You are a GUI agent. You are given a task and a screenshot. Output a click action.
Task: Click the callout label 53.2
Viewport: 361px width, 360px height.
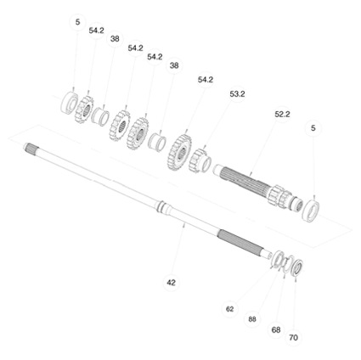(x=237, y=94)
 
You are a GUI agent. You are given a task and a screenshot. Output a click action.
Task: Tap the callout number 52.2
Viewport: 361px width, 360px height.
(x=282, y=115)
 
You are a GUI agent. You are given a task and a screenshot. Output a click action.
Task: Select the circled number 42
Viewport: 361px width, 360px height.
(x=172, y=283)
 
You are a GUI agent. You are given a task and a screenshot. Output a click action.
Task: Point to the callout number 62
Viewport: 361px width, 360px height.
(x=230, y=309)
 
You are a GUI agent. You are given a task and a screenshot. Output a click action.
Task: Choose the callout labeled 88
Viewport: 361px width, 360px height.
(x=252, y=319)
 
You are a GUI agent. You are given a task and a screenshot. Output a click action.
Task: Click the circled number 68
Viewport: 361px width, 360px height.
(x=276, y=329)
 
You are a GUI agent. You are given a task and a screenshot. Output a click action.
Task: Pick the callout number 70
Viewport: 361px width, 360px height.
(x=293, y=338)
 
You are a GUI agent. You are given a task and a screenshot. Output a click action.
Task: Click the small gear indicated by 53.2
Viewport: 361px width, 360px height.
(x=200, y=161)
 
